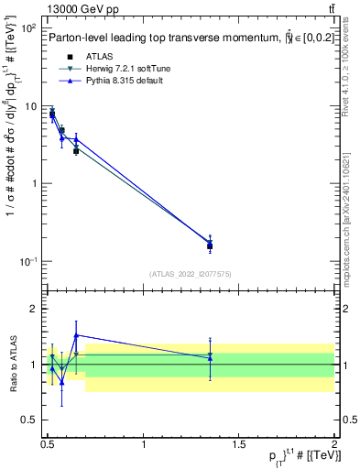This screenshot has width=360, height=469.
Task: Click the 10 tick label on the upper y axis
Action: pos(32,106)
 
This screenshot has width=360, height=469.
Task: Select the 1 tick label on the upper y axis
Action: pos(35,183)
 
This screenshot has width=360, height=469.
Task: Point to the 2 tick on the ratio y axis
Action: pos(35,309)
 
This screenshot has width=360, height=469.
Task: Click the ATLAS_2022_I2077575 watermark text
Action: pos(190,274)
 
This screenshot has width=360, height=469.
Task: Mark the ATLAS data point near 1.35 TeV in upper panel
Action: pos(210,245)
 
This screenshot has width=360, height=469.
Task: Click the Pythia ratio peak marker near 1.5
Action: pos(76,335)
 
